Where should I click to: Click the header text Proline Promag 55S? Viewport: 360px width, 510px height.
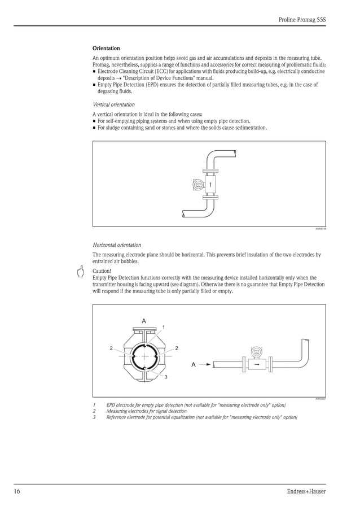tap(302, 19)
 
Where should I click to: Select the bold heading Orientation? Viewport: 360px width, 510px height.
tap(106, 49)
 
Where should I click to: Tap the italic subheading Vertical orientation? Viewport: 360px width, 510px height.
tap(113, 104)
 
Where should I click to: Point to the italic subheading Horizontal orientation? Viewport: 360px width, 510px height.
tap(117, 245)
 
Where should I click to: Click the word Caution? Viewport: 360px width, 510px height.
tap(102, 271)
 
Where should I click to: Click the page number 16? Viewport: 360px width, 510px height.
tap(17, 491)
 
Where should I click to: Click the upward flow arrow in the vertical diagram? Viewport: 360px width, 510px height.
tap(210, 184)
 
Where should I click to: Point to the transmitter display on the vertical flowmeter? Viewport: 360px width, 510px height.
tap(197, 184)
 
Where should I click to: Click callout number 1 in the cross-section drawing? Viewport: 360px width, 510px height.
tap(164, 327)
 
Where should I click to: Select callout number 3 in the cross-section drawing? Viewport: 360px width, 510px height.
tap(165, 377)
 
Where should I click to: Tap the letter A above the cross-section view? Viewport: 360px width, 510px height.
tap(144, 321)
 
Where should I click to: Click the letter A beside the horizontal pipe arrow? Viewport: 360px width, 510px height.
tap(194, 364)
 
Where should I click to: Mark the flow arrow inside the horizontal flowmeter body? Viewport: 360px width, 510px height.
tap(257, 364)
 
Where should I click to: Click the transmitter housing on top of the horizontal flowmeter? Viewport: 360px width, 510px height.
tap(257, 351)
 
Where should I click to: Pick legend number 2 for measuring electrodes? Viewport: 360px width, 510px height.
tap(94, 411)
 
